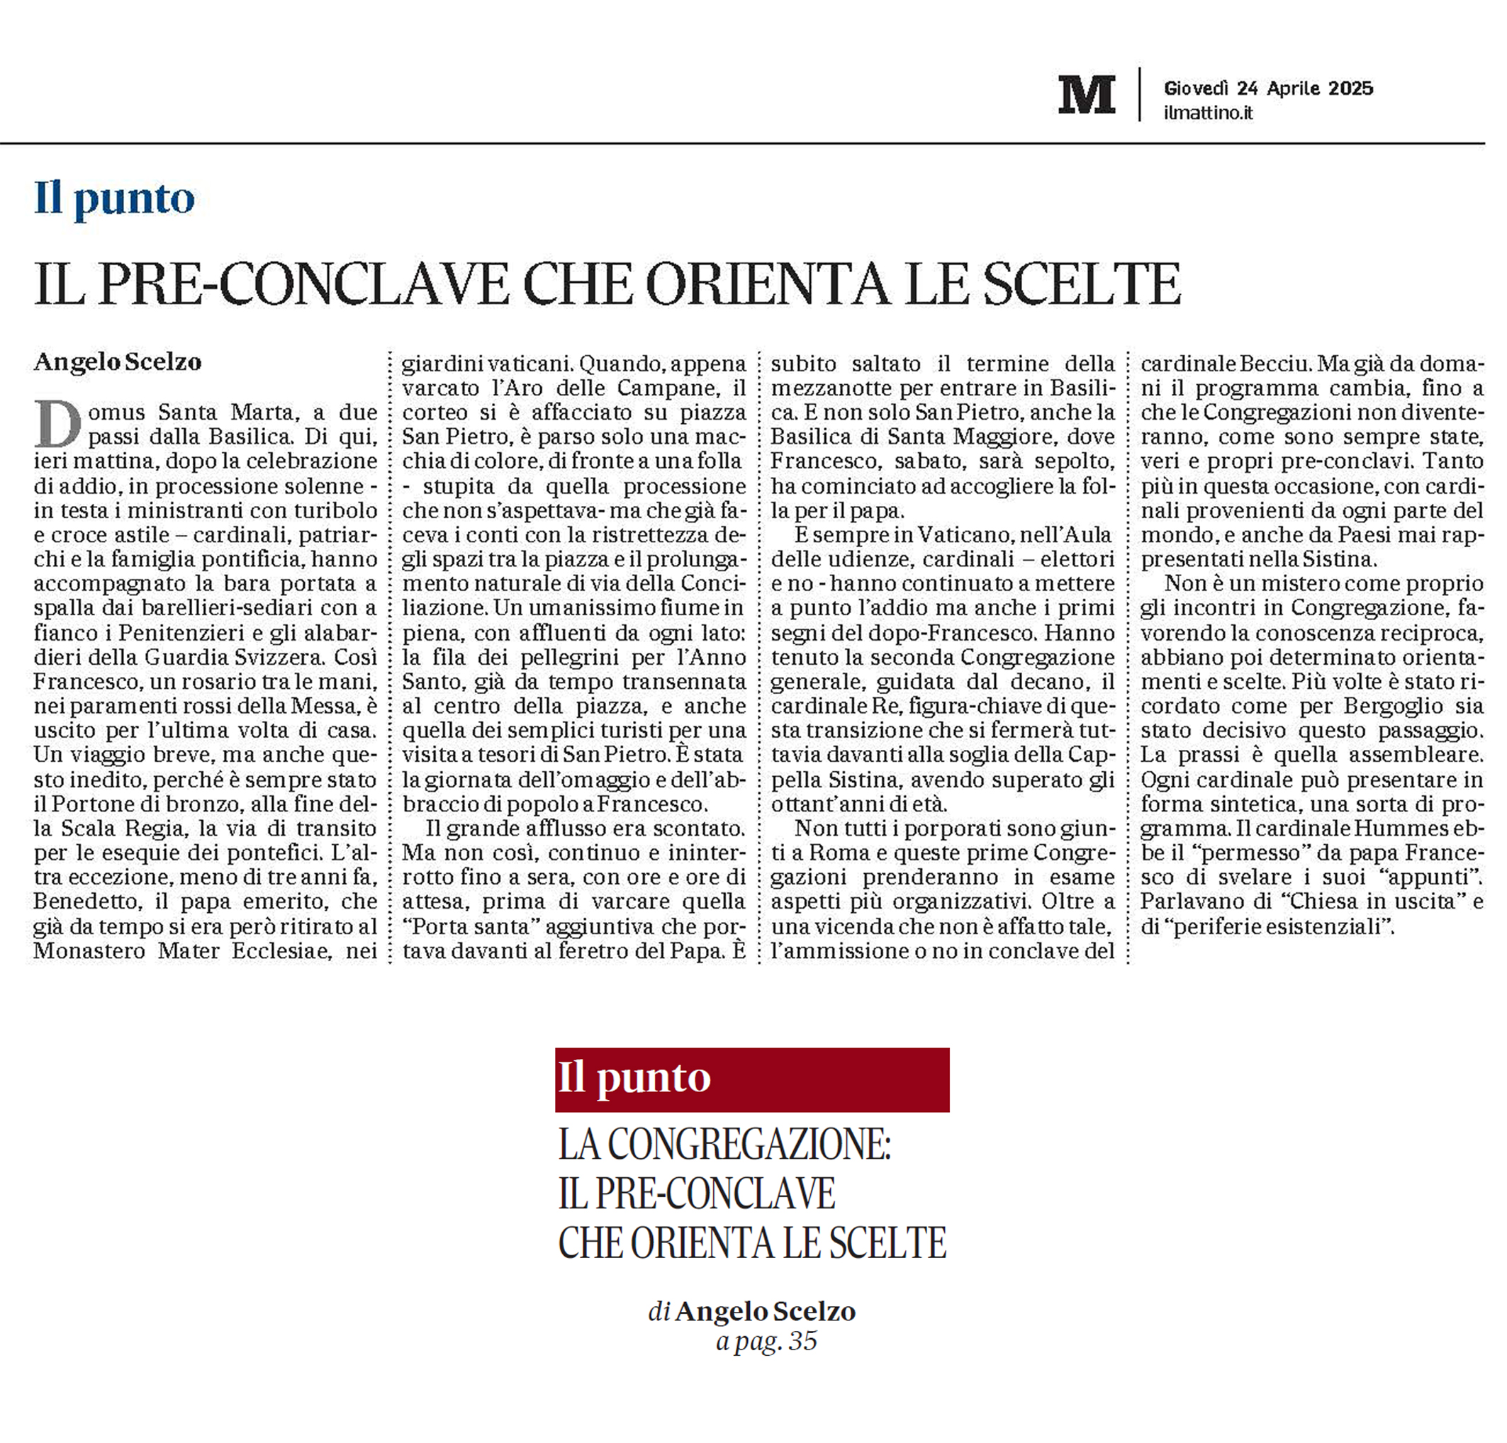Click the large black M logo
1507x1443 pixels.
tap(1086, 94)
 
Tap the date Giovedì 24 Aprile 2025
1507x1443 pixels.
tap(1268, 89)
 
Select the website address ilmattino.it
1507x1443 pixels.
tap(1208, 113)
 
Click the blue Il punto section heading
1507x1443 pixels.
tap(115, 199)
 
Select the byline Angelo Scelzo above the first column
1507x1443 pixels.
tap(118, 361)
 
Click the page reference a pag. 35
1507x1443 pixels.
tap(766, 1341)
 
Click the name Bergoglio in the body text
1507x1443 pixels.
tap(1400, 706)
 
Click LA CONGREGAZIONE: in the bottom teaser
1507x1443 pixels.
tap(724, 1146)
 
